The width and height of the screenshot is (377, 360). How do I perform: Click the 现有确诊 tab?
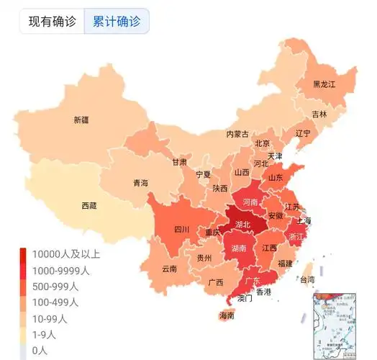(x=52, y=21)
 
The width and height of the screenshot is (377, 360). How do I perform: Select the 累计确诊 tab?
(x=117, y=21)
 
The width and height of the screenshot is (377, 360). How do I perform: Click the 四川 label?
(x=181, y=230)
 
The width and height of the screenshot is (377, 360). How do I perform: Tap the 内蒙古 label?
(x=237, y=134)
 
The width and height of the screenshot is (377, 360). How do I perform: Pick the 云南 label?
(x=169, y=269)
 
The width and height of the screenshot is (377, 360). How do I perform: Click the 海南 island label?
(x=227, y=315)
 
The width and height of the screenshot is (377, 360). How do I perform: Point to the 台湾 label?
(x=307, y=279)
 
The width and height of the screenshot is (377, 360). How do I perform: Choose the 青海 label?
(x=140, y=184)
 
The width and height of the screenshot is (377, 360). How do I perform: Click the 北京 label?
(x=262, y=143)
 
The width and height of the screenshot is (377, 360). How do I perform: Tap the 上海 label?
(x=303, y=220)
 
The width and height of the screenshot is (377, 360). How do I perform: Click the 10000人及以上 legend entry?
(x=64, y=254)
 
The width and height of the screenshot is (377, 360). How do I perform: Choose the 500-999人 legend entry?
(x=56, y=287)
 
